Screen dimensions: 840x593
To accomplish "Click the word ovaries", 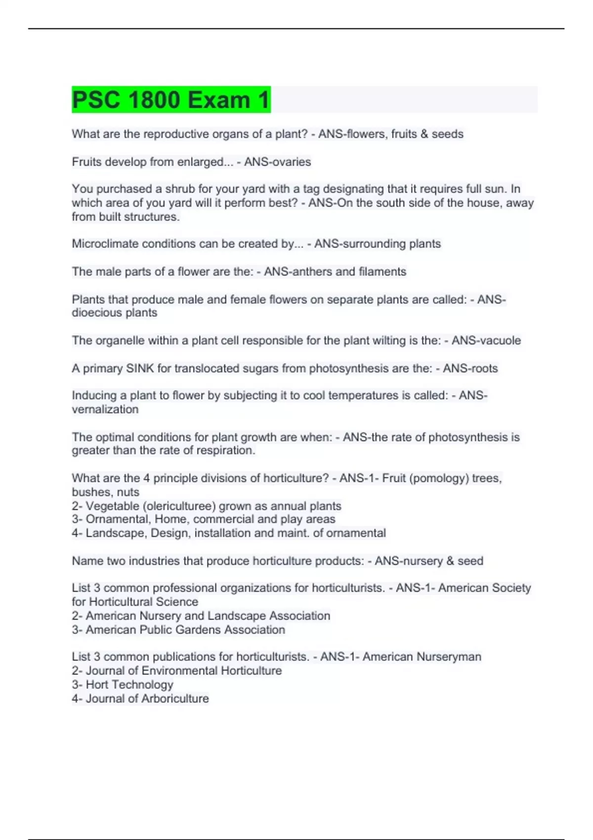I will (x=292, y=162).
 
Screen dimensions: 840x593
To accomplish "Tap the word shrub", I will (x=180, y=189).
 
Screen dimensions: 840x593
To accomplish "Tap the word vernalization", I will (x=105, y=409).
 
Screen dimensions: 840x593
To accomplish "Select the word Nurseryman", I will (x=449, y=657).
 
